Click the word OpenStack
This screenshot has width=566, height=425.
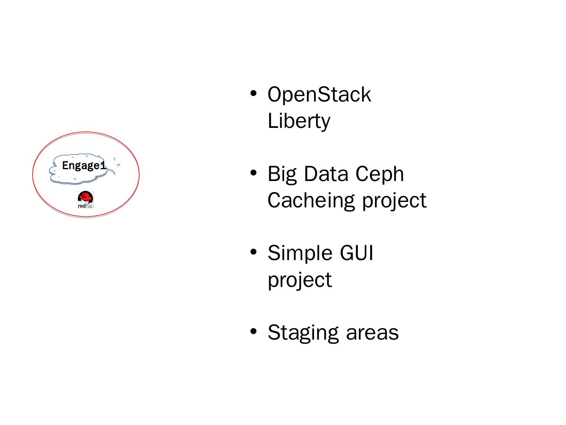(319, 94)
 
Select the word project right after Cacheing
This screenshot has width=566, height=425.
(395, 201)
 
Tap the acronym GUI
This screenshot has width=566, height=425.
(357, 253)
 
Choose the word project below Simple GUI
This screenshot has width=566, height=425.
(300, 281)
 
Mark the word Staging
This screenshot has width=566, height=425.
(303, 334)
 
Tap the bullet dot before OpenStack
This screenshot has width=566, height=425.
(254, 93)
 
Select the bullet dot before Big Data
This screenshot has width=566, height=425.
(254, 172)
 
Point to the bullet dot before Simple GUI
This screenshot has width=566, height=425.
(254, 251)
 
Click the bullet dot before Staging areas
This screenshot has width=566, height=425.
(254, 331)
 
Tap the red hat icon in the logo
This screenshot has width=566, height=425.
(85, 197)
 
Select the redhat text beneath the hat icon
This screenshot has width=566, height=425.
(85, 206)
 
